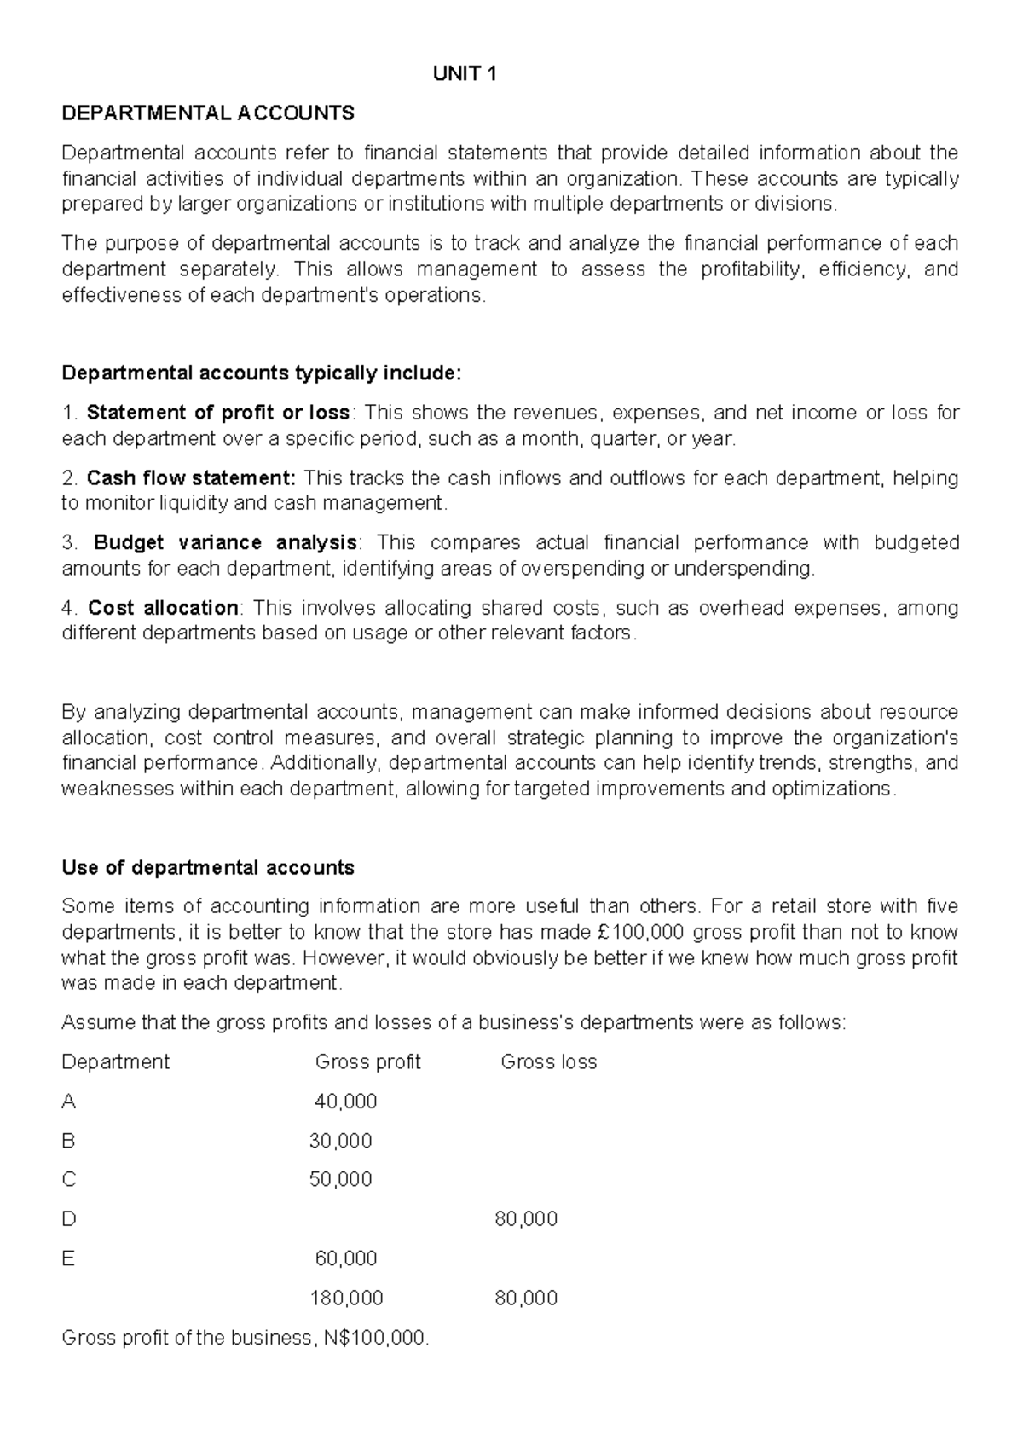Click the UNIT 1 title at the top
[x=465, y=74]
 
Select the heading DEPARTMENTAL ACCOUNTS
[x=208, y=113]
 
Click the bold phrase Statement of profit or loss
[x=218, y=414]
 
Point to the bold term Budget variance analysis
[x=225, y=543]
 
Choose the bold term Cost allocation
[x=163, y=608]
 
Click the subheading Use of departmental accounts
[x=208, y=868]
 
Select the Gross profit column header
[x=367, y=1062]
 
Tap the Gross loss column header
[x=548, y=1062]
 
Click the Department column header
[x=116, y=1062]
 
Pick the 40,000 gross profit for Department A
[x=345, y=1102]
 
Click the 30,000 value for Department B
[x=340, y=1141]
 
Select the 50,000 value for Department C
[x=340, y=1180]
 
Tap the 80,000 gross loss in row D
[x=526, y=1219]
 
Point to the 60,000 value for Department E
[x=345, y=1258]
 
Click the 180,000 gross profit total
[x=346, y=1299]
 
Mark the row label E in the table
[x=68, y=1258]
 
